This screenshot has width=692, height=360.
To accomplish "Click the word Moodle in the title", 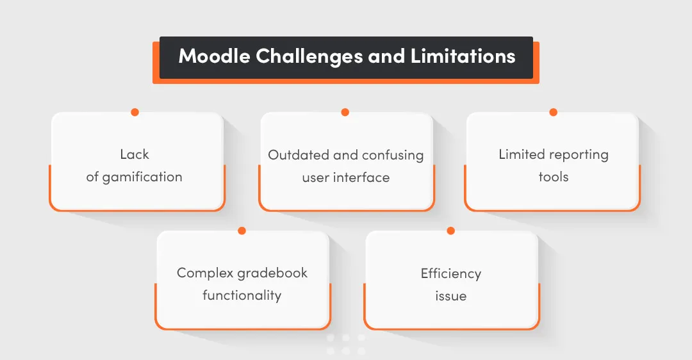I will (x=214, y=56).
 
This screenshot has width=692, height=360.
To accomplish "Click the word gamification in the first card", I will (x=142, y=177).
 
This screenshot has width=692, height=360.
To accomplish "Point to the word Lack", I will (x=135, y=154).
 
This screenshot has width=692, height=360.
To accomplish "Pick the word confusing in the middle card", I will (x=393, y=155).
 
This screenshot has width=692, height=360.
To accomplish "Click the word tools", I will (x=553, y=177).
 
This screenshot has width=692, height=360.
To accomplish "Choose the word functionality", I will (x=242, y=295).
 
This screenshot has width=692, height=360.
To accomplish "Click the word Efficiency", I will (x=450, y=274).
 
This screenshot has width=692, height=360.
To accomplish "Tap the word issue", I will (x=450, y=296).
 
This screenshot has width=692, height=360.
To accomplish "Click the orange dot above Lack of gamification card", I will (x=135, y=112).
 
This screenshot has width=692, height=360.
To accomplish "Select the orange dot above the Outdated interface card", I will (x=345, y=112).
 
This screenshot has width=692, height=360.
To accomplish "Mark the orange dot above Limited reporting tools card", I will (x=553, y=112).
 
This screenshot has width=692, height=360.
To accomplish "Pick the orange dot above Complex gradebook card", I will (x=242, y=231).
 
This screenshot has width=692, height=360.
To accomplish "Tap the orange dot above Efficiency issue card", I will (x=450, y=231).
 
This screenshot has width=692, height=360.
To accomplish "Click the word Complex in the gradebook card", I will (x=204, y=273).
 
